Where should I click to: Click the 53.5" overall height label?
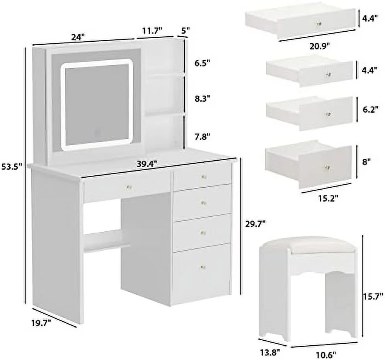pyautogui.click(x=12, y=167)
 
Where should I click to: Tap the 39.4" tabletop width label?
pyautogui.click(x=147, y=164)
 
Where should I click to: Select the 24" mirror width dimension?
pyautogui.click(x=78, y=37)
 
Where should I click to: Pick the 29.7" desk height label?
pyautogui.click(x=256, y=224)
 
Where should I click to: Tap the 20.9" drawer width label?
pyautogui.click(x=319, y=46)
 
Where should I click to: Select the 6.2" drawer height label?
pyautogui.click(x=370, y=109)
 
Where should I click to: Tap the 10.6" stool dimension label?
pyautogui.click(x=326, y=354)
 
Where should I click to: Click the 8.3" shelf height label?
pyautogui.click(x=202, y=98)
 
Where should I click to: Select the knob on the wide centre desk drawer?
pyautogui.click(x=129, y=188)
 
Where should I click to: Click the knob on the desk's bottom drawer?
pyautogui.click(x=203, y=267)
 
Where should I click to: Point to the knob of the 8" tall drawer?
pyautogui.click(x=327, y=167)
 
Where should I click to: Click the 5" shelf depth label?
pyautogui.click(x=186, y=31)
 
